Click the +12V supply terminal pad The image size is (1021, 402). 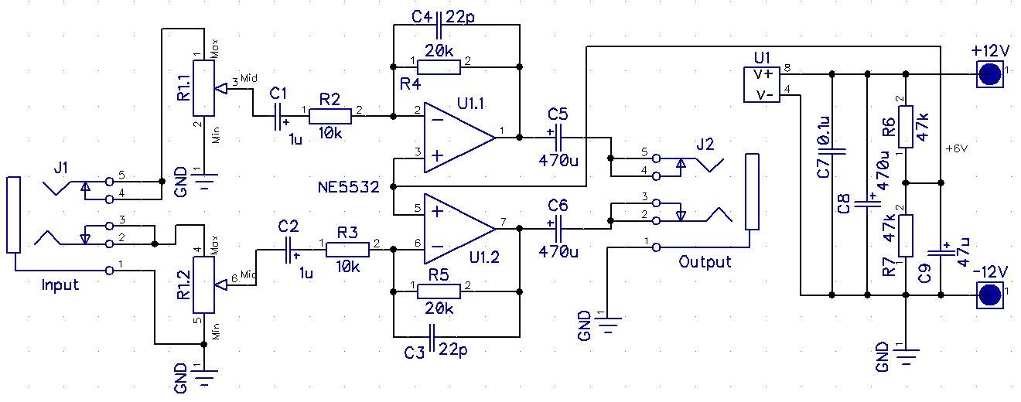989,74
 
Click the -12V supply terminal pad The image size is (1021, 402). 989,295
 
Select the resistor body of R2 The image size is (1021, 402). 330,116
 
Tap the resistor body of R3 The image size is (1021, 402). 347,250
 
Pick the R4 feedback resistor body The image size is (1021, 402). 439,67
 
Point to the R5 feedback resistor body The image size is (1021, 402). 439,291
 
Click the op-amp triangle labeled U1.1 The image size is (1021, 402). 459,138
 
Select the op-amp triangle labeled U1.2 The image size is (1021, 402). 459,228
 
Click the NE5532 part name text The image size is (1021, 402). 349,187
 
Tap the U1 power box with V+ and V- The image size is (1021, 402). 761,84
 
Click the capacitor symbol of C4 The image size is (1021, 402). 439,26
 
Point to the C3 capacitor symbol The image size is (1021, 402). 432,337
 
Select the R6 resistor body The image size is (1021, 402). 906,127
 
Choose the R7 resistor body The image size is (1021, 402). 906,236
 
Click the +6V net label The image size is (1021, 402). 956,149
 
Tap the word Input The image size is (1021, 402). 60,285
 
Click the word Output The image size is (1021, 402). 705,262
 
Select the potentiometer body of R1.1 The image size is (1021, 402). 203,88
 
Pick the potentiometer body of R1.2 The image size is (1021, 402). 203,284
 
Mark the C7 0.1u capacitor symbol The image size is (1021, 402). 831,152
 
